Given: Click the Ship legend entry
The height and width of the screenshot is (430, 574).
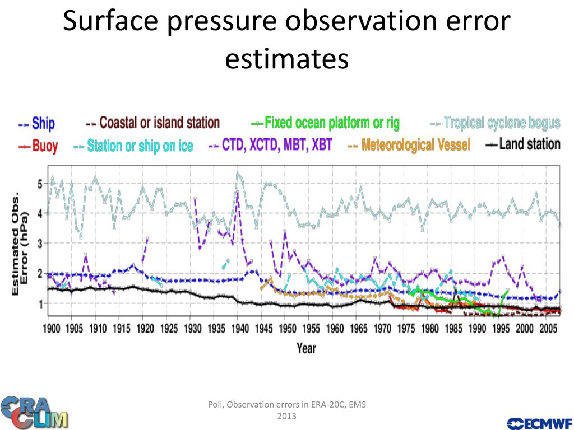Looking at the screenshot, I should tap(37, 123).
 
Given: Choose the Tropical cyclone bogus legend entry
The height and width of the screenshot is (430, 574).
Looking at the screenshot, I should tap(496, 123).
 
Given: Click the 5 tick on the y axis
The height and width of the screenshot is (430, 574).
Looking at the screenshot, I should tap(39, 184).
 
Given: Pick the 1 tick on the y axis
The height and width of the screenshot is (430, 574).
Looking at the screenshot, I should tap(39, 303).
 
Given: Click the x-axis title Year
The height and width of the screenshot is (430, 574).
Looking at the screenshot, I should tap(306, 348).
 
